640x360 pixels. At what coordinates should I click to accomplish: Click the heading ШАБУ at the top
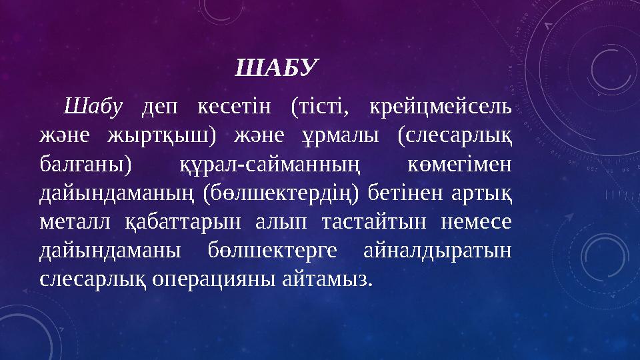(x=279, y=67)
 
